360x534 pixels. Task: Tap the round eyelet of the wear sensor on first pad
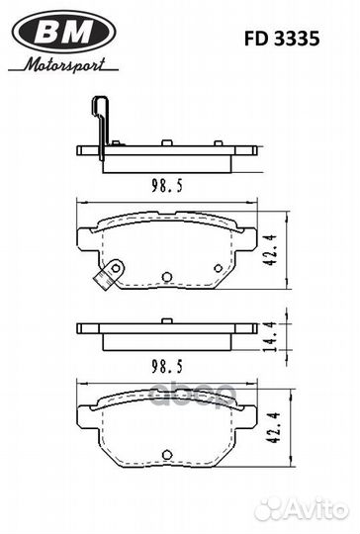click(115, 267)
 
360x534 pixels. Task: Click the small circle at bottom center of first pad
click(166, 277)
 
